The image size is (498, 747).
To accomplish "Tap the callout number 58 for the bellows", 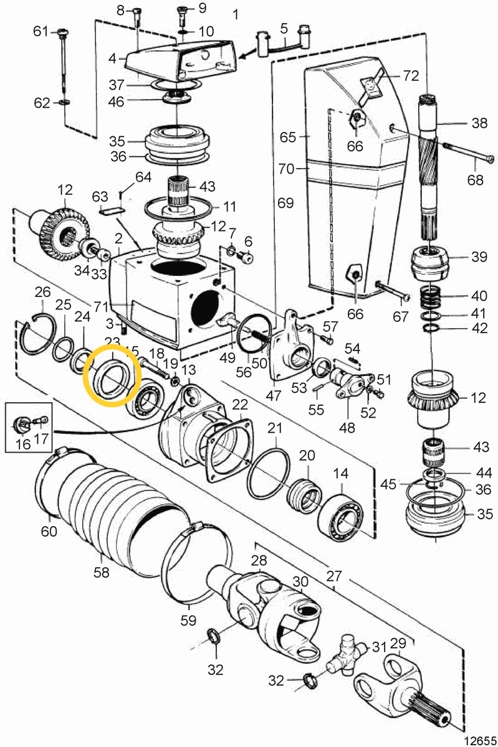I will (x=100, y=571).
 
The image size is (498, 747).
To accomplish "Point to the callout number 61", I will (x=40, y=31).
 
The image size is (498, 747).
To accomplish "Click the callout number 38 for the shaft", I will (x=479, y=123).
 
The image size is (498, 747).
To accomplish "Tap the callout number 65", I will (x=287, y=137).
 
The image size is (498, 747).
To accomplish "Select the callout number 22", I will (x=241, y=405).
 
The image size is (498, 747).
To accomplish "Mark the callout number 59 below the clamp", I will (x=188, y=620).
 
